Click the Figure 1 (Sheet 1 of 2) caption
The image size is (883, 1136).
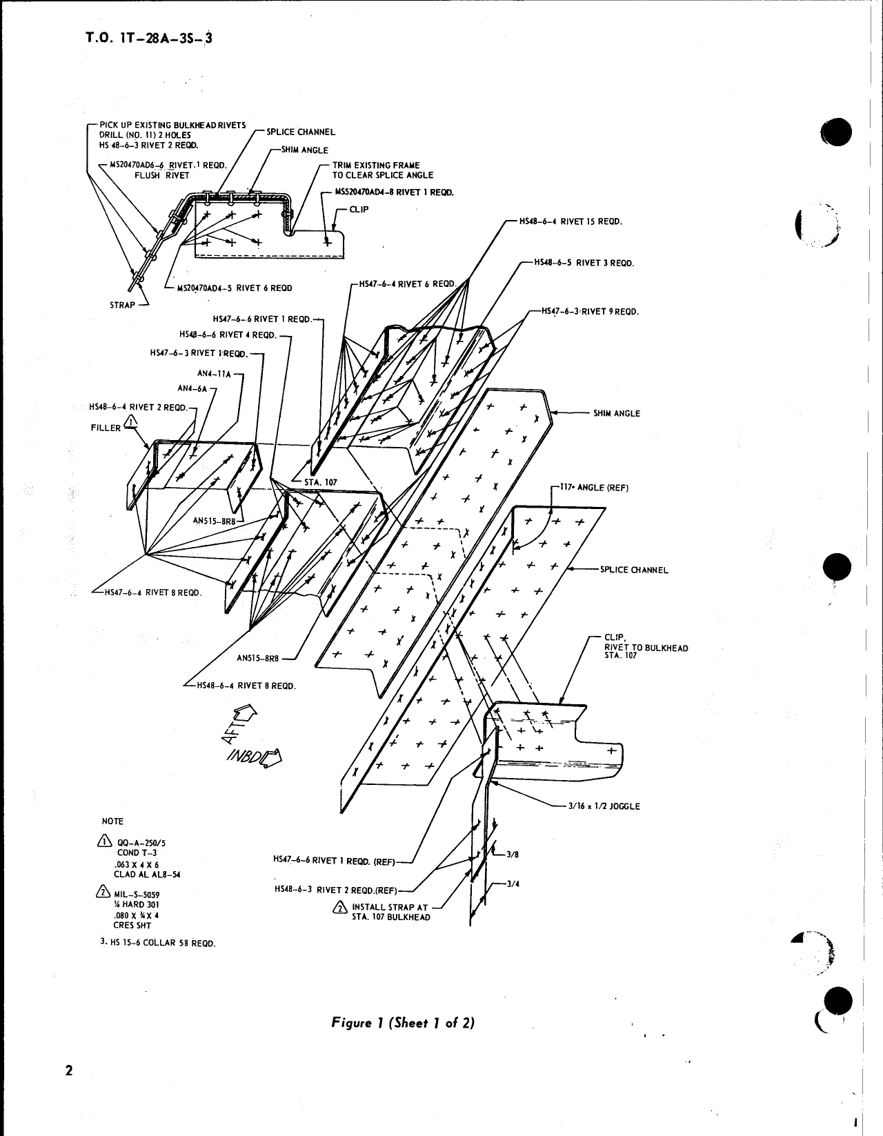click(x=403, y=1023)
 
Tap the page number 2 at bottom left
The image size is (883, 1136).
click(x=68, y=1090)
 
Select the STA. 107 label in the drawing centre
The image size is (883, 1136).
click(x=320, y=482)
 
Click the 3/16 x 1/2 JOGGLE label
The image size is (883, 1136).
click(x=604, y=806)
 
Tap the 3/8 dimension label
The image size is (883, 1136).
click(x=512, y=855)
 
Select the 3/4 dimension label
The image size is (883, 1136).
click(x=512, y=884)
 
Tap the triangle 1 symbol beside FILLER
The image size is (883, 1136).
click(x=131, y=422)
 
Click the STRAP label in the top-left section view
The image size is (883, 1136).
click(x=123, y=305)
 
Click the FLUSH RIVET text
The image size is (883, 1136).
click(x=161, y=175)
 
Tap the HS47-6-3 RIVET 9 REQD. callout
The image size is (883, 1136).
click(x=590, y=312)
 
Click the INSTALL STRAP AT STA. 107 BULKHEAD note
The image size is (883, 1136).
click(x=390, y=912)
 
